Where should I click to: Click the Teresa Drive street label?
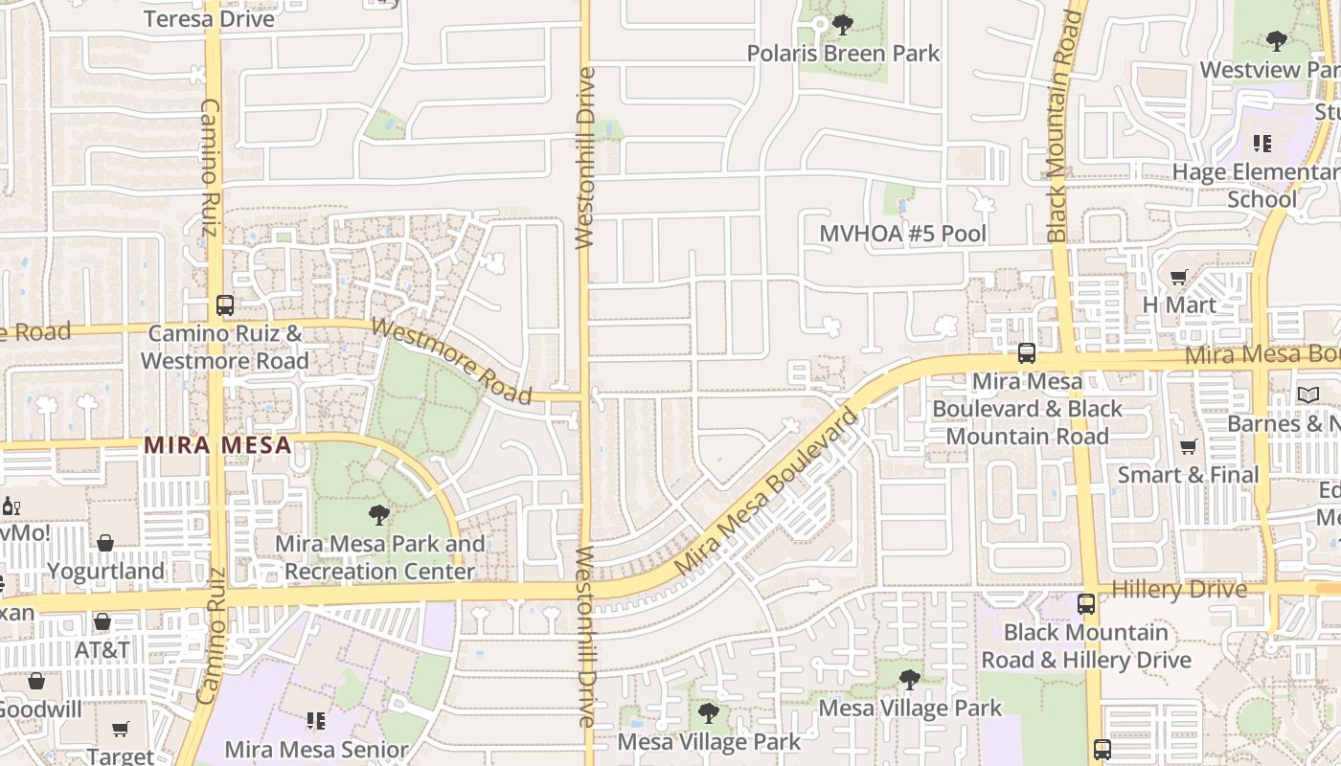pos(209,18)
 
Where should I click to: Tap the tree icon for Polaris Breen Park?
pos(842,24)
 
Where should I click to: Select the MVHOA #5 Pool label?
pos(902,234)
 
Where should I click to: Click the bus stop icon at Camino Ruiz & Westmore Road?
pos(225,305)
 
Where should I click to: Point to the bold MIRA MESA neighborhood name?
pos(217,445)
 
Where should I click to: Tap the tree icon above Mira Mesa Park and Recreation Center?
pos(379,515)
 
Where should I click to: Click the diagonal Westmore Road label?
pos(451,361)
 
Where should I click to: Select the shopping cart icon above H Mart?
pos(1178,278)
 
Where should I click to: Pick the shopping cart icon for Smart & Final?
pos(1189,446)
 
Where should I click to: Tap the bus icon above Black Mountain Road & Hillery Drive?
pos(1085,604)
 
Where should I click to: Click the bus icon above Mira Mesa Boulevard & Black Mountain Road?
pos(1027,352)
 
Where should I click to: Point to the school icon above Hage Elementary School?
pos(1262,144)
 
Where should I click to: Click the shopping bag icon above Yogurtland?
pos(105,543)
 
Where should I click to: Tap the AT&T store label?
pos(102,650)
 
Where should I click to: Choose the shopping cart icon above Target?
pos(121,730)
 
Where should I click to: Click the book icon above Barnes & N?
pos(1307,394)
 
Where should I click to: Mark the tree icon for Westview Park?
pos(1276,40)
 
